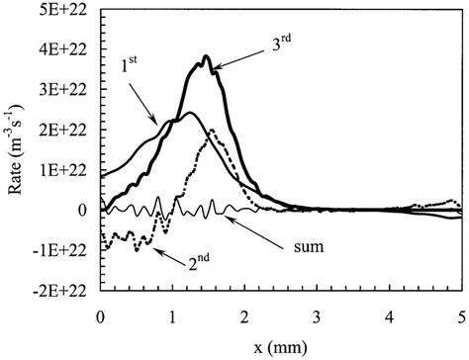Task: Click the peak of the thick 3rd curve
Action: coord(206,56)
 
